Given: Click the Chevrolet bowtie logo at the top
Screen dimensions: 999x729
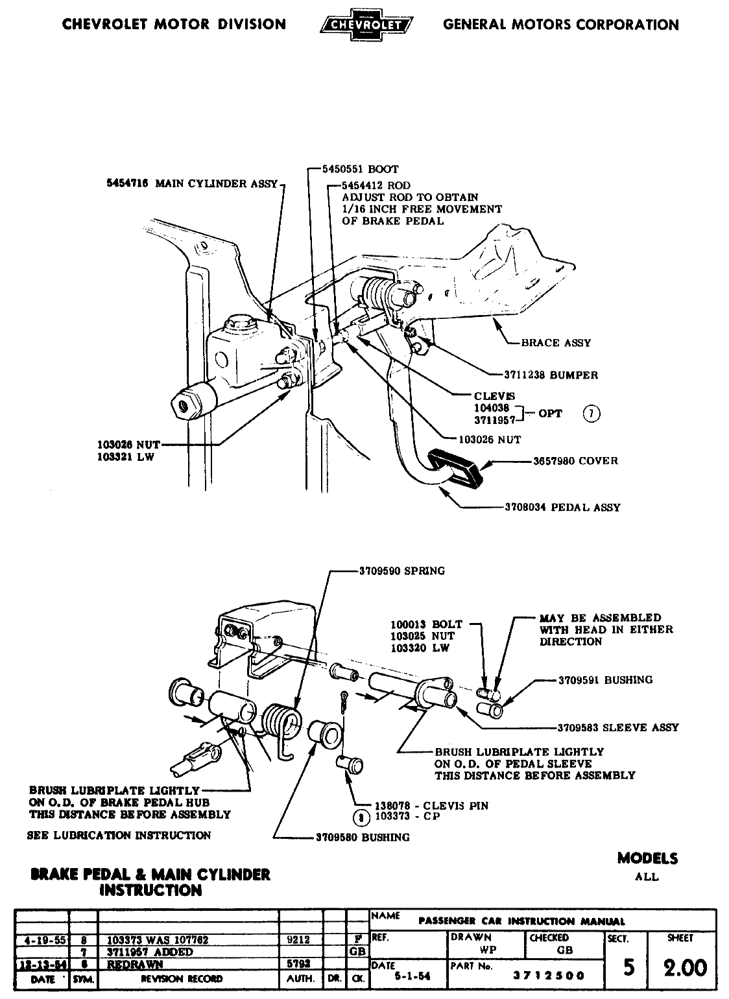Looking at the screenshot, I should point(366,25).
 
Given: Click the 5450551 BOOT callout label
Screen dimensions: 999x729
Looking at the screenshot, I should point(361,170).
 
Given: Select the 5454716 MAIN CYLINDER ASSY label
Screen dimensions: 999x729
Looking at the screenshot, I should point(192,183).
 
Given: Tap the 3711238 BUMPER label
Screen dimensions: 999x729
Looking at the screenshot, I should point(551,375).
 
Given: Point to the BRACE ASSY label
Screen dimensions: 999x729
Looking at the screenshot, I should point(556,343).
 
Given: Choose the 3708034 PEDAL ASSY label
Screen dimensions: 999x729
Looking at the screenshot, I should point(562,508).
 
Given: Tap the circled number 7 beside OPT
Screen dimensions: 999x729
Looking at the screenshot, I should point(591,413).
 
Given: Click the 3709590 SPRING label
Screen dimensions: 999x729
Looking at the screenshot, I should point(401,571).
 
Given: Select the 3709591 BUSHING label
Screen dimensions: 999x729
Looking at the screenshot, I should point(605,680).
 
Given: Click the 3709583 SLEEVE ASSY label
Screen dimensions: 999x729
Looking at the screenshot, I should point(617,727).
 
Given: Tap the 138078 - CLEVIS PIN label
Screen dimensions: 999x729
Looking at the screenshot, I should point(431,806).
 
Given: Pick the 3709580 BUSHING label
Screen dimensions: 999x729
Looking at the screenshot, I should point(363,838).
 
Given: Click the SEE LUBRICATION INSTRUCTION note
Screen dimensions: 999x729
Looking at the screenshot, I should point(119,836).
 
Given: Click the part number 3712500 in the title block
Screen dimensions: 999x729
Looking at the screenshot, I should point(548,975).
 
